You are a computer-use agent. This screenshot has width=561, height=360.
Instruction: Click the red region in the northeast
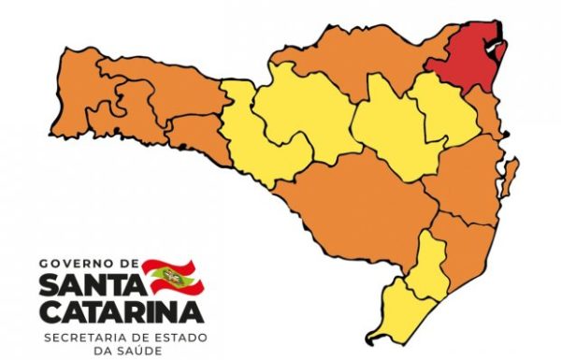(468, 56)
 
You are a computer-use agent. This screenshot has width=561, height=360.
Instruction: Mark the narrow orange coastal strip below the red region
(488, 108)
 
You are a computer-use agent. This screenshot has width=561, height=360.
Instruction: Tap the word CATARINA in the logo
(120, 309)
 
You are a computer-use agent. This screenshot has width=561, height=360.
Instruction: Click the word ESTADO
(176, 334)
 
